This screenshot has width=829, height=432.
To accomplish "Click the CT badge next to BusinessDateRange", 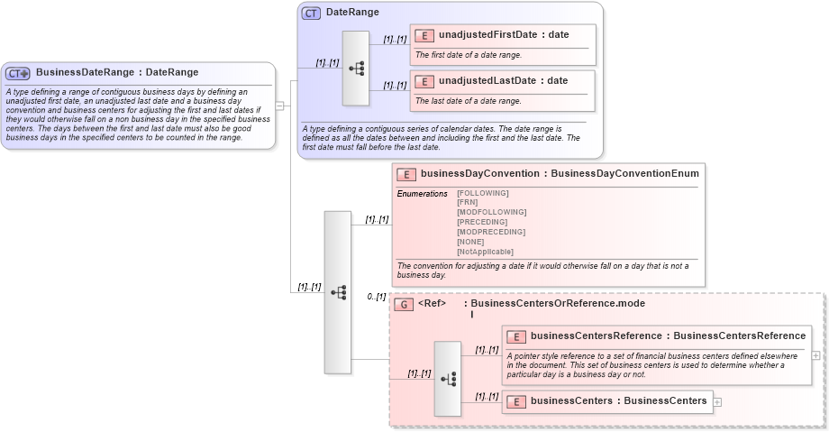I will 18,73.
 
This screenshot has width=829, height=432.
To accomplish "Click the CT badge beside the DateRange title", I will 311,14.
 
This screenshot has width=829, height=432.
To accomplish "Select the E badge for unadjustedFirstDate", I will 424,36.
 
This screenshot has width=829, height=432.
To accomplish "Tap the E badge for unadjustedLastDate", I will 424,81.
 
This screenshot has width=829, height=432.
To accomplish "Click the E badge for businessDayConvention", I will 406,174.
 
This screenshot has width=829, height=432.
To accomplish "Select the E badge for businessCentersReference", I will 516,336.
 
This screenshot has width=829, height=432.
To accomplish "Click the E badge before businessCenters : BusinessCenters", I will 516,401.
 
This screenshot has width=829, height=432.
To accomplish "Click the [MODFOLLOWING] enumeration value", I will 491,212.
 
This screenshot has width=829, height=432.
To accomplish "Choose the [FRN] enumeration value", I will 468,202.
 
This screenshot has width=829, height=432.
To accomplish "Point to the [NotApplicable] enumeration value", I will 486,252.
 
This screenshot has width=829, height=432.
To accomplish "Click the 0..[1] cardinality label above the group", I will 376,297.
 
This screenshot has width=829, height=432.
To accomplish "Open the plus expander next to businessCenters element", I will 717,401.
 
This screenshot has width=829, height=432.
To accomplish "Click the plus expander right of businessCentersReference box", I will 815,355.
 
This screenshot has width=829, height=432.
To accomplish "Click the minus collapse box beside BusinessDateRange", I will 279,106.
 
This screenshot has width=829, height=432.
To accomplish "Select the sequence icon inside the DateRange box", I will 356,69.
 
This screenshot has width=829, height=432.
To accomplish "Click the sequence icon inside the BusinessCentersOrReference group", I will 448,379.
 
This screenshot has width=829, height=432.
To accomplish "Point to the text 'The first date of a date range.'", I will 468,55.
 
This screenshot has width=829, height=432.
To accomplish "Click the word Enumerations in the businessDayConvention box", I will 422,194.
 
